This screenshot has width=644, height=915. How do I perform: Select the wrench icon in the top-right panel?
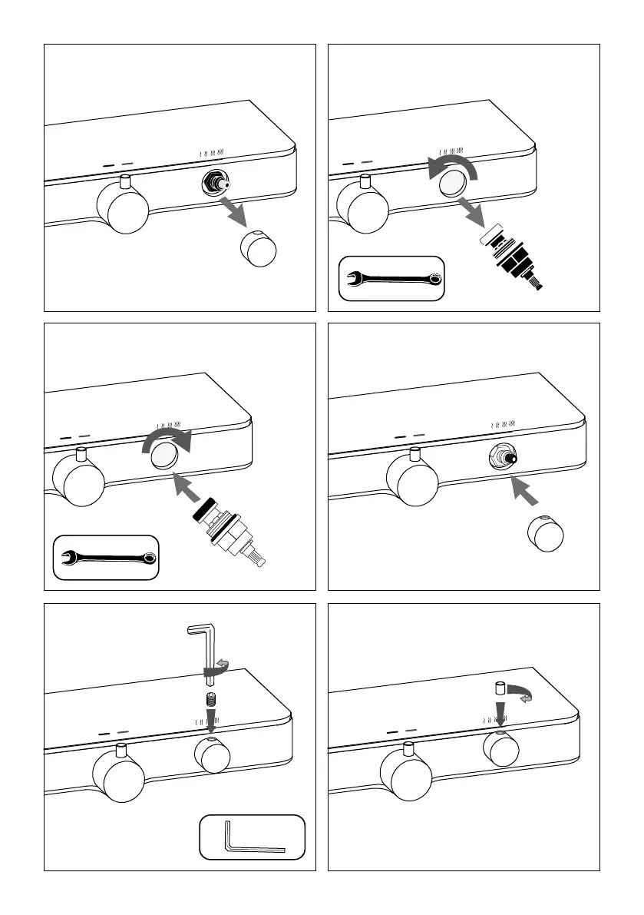click(391, 280)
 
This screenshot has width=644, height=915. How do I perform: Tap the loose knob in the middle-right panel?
click(546, 532)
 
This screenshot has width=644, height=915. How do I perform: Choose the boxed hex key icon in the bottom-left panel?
click(251, 837)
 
